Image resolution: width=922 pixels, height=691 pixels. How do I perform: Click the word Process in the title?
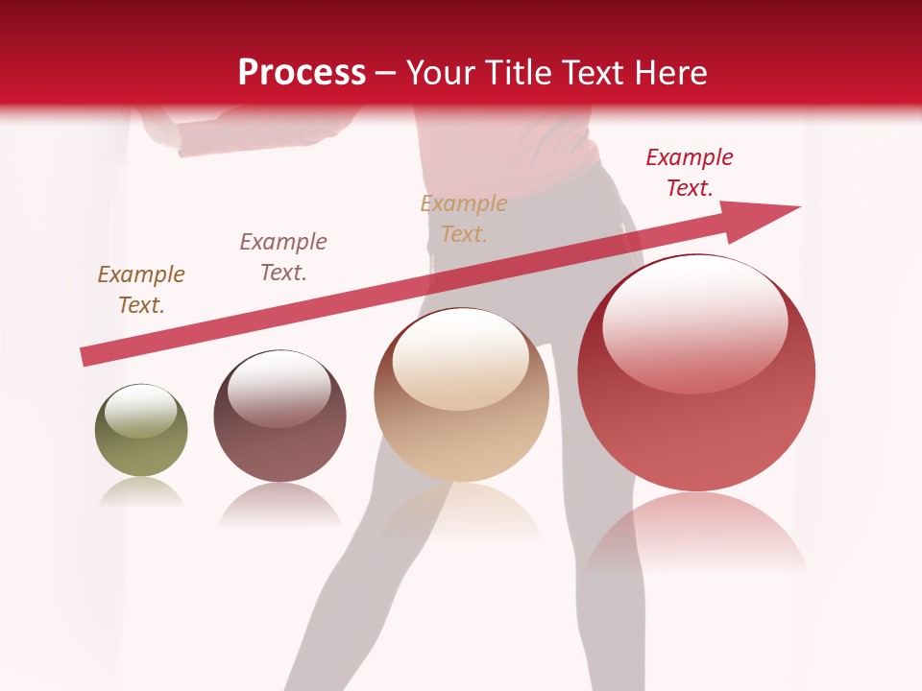pyautogui.click(x=302, y=73)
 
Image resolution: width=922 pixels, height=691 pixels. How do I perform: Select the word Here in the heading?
pyautogui.click(x=669, y=73)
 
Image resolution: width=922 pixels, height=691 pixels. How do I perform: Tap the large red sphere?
pyautogui.click(x=696, y=384)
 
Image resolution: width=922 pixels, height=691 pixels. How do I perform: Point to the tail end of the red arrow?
pyautogui.click(x=86, y=357)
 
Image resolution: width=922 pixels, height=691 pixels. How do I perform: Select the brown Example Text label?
pyautogui.click(x=140, y=290)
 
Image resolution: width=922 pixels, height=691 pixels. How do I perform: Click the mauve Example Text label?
pyautogui.click(x=282, y=256)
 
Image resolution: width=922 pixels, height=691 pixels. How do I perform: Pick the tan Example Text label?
pyautogui.click(x=464, y=218)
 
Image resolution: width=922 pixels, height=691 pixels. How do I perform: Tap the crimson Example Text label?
pyautogui.click(x=689, y=173)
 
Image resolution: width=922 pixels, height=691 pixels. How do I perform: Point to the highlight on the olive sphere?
pyautogui.click(x=140, y=411)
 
